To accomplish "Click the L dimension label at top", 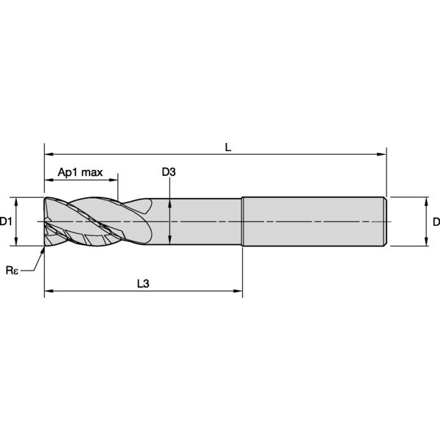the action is (x=228, y=147).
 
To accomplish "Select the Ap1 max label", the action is (x=80, y=172).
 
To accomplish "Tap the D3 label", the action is (x=169, y=172).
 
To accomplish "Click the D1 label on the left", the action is (x=6, y=221).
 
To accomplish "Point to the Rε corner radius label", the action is (x=12, y=271).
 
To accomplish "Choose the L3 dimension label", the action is (x=143, y=284).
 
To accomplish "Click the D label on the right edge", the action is (x=436, y=221).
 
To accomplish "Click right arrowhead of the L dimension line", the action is (x=382, y=154).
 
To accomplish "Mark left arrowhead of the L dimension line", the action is (x=49, y=154).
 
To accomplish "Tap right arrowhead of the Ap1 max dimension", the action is (x=114, y=180).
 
